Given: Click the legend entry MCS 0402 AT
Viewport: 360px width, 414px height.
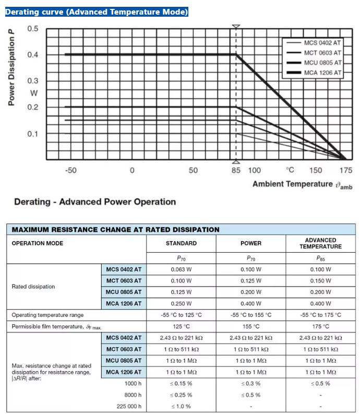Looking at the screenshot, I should point(322,43).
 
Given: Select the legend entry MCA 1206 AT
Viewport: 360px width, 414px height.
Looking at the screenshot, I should point(322,73).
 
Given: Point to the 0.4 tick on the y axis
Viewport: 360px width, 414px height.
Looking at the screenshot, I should point(32,55).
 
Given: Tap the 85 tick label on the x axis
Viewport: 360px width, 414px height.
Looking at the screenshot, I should point(236,170).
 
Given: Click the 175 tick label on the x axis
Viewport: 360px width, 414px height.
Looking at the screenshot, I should point(345,170).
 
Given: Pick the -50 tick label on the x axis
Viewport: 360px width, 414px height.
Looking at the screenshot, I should point(70,170).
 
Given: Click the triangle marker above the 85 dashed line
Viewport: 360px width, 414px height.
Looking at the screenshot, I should point(236,26).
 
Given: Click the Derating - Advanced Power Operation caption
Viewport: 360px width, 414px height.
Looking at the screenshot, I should point(95,202).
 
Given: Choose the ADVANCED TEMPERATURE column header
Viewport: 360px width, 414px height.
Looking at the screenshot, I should point(320,243).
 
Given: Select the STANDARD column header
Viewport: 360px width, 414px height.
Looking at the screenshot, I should point(181,243).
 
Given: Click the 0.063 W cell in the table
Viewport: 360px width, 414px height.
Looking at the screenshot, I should point(181,269).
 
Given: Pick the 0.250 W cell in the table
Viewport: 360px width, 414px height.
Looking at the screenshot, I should point(181,303).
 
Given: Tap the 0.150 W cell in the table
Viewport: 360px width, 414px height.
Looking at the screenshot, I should point(320,281).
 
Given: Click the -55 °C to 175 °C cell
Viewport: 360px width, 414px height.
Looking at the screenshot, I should point(320,315).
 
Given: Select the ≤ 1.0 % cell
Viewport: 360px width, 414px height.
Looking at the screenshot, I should point(181,406).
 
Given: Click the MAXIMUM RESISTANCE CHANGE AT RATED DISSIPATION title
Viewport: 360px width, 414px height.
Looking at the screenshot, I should point(115,229).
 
